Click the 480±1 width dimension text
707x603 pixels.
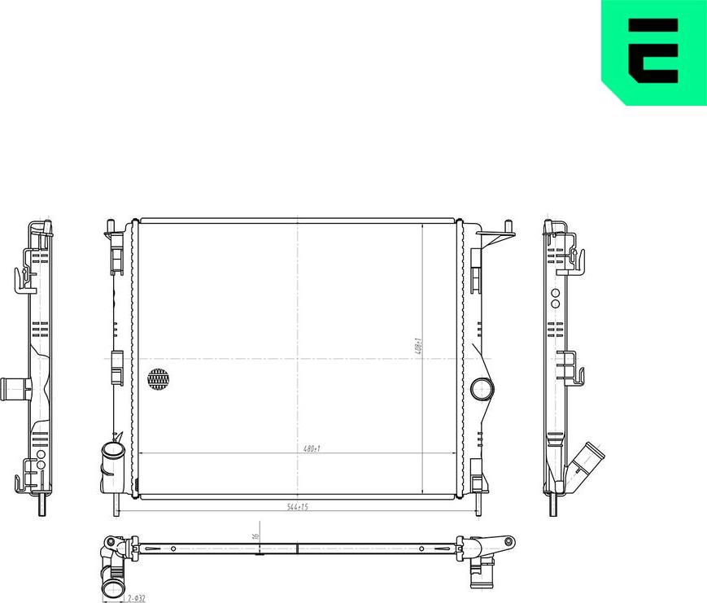pos(312,448)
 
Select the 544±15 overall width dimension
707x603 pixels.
pos(297,507)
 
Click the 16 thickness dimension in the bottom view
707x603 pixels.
pos(255,537)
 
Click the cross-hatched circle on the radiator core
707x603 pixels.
pos(159,378)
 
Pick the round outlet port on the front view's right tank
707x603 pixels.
pos(482,388)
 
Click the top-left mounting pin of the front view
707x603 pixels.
pos(111,226)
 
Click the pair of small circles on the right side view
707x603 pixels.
pos(555,298)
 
